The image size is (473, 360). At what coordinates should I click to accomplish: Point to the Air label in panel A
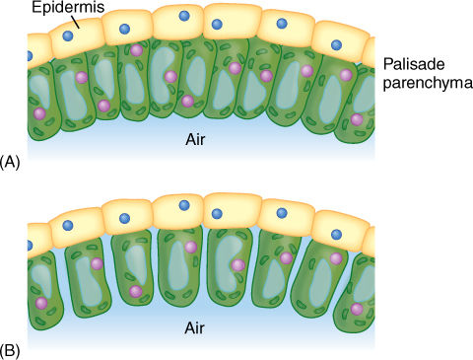point(195,140)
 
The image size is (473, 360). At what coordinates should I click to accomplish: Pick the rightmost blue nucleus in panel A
point(336,43)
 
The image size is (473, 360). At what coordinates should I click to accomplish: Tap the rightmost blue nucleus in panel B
point(336,234)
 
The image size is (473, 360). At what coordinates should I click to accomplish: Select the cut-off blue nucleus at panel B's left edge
point(29,244)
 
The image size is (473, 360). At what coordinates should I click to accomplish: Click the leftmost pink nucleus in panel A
point(39,113)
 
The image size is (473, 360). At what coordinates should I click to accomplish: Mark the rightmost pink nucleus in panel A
point(356,119)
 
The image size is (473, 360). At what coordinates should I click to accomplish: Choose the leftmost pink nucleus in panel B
point(40,304)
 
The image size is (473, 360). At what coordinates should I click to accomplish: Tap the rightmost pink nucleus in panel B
point(356,309)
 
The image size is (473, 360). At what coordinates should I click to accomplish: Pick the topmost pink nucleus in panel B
point(191,247)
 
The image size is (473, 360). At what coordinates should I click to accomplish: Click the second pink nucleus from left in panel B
point(97,263)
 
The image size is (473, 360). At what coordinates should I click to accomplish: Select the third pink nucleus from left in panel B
point(135,291)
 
